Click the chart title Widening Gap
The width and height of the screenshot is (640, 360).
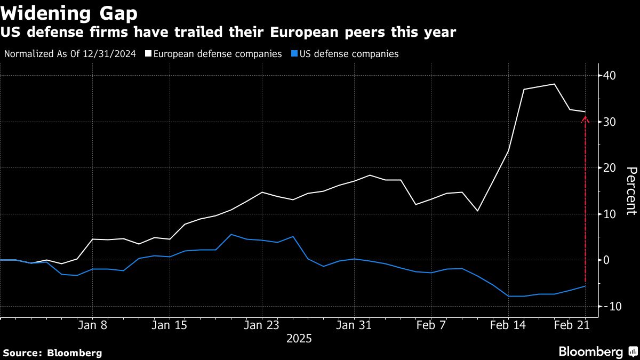tap(69, 13)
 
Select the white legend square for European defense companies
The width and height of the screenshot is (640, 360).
tap(148, 54)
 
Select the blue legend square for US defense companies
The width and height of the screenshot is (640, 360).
tap(293, 54)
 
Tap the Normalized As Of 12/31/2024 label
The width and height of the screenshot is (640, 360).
tap(70, 54)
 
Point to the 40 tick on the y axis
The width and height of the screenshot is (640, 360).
tap(610, 76)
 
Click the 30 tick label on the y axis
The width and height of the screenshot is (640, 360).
tap(610, 122)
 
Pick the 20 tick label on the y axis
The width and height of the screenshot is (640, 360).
tap(610, 168)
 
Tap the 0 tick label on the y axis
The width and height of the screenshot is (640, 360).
tap(607, 260)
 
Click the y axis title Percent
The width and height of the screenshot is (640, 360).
tap(631, 190)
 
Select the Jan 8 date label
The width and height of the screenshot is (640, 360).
tap(92, 325)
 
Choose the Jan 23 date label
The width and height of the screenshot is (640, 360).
tap(262, 325)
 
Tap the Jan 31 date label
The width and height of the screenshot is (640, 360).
tap(354, 325)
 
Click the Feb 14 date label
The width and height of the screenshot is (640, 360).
tap(508, 325)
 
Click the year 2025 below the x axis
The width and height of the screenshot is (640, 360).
tap(299, 339)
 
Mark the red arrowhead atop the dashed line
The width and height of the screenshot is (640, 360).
tap(585, 119)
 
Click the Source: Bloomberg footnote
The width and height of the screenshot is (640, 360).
tap(52, 353)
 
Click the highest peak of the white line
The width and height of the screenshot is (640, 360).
tap(555, 84)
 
